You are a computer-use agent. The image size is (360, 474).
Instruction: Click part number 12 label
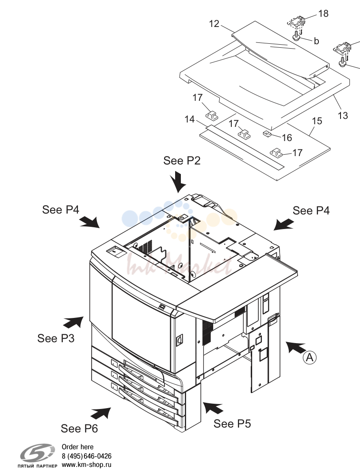tap(214, 23)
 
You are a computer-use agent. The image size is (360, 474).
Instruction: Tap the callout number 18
tap(323, 13)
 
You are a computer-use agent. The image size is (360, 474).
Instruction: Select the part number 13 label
tap(343, 115)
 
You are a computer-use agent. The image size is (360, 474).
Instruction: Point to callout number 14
tap(190, 119)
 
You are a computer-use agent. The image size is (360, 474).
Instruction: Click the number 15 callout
tap(317, 121)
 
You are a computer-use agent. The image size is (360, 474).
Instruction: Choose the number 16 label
tap(287, 138)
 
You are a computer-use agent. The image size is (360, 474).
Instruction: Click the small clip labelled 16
tap(267, 134)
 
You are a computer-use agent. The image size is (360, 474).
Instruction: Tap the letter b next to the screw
tap(316, 41)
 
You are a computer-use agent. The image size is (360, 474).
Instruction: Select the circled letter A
tap(310, 357)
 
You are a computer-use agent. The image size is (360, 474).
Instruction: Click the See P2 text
tap(182, 161)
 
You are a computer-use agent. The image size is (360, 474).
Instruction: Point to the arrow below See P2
tap(178, 181)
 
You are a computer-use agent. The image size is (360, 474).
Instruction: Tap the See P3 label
tap(56, 338)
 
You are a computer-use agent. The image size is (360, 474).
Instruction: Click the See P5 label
tap(232, 424)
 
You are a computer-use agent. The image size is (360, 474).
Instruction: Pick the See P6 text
tap(79, 428)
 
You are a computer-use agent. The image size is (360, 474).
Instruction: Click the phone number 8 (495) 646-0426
tap(86, 456)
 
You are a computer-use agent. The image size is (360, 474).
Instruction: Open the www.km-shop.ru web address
tap(86, 465)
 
